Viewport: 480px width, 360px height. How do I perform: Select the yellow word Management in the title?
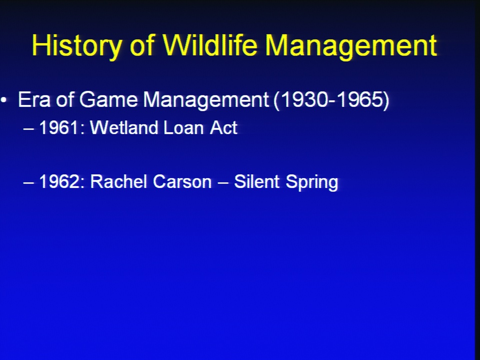[351, 46]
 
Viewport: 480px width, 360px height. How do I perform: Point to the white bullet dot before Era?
[3, 99]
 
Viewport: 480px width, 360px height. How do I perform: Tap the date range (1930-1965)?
[331, 100]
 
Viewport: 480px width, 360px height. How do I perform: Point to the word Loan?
[184, 127]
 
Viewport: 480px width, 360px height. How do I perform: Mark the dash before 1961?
[28, 128]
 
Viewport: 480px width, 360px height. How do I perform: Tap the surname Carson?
[182, 181]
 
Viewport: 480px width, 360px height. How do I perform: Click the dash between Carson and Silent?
[223, 183]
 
